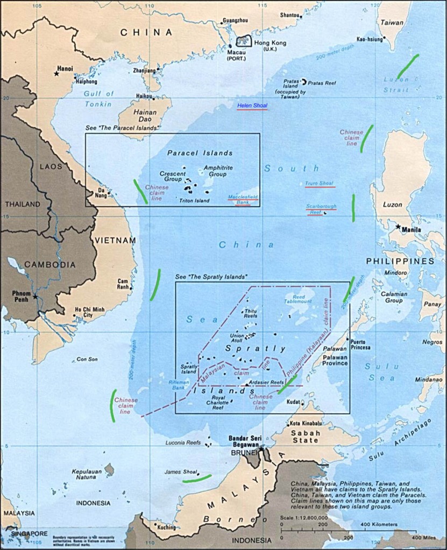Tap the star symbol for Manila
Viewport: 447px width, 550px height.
(398, 227)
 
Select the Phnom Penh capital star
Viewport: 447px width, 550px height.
(36, 296)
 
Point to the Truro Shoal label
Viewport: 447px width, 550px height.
(320, 184)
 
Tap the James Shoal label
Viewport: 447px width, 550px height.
(180, 472)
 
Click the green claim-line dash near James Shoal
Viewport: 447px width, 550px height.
(196, 477)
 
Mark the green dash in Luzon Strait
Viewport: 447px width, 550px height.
(408, 67)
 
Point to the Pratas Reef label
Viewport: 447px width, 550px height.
(321, 83)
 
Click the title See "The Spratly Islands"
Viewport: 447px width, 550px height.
(211, 277)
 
